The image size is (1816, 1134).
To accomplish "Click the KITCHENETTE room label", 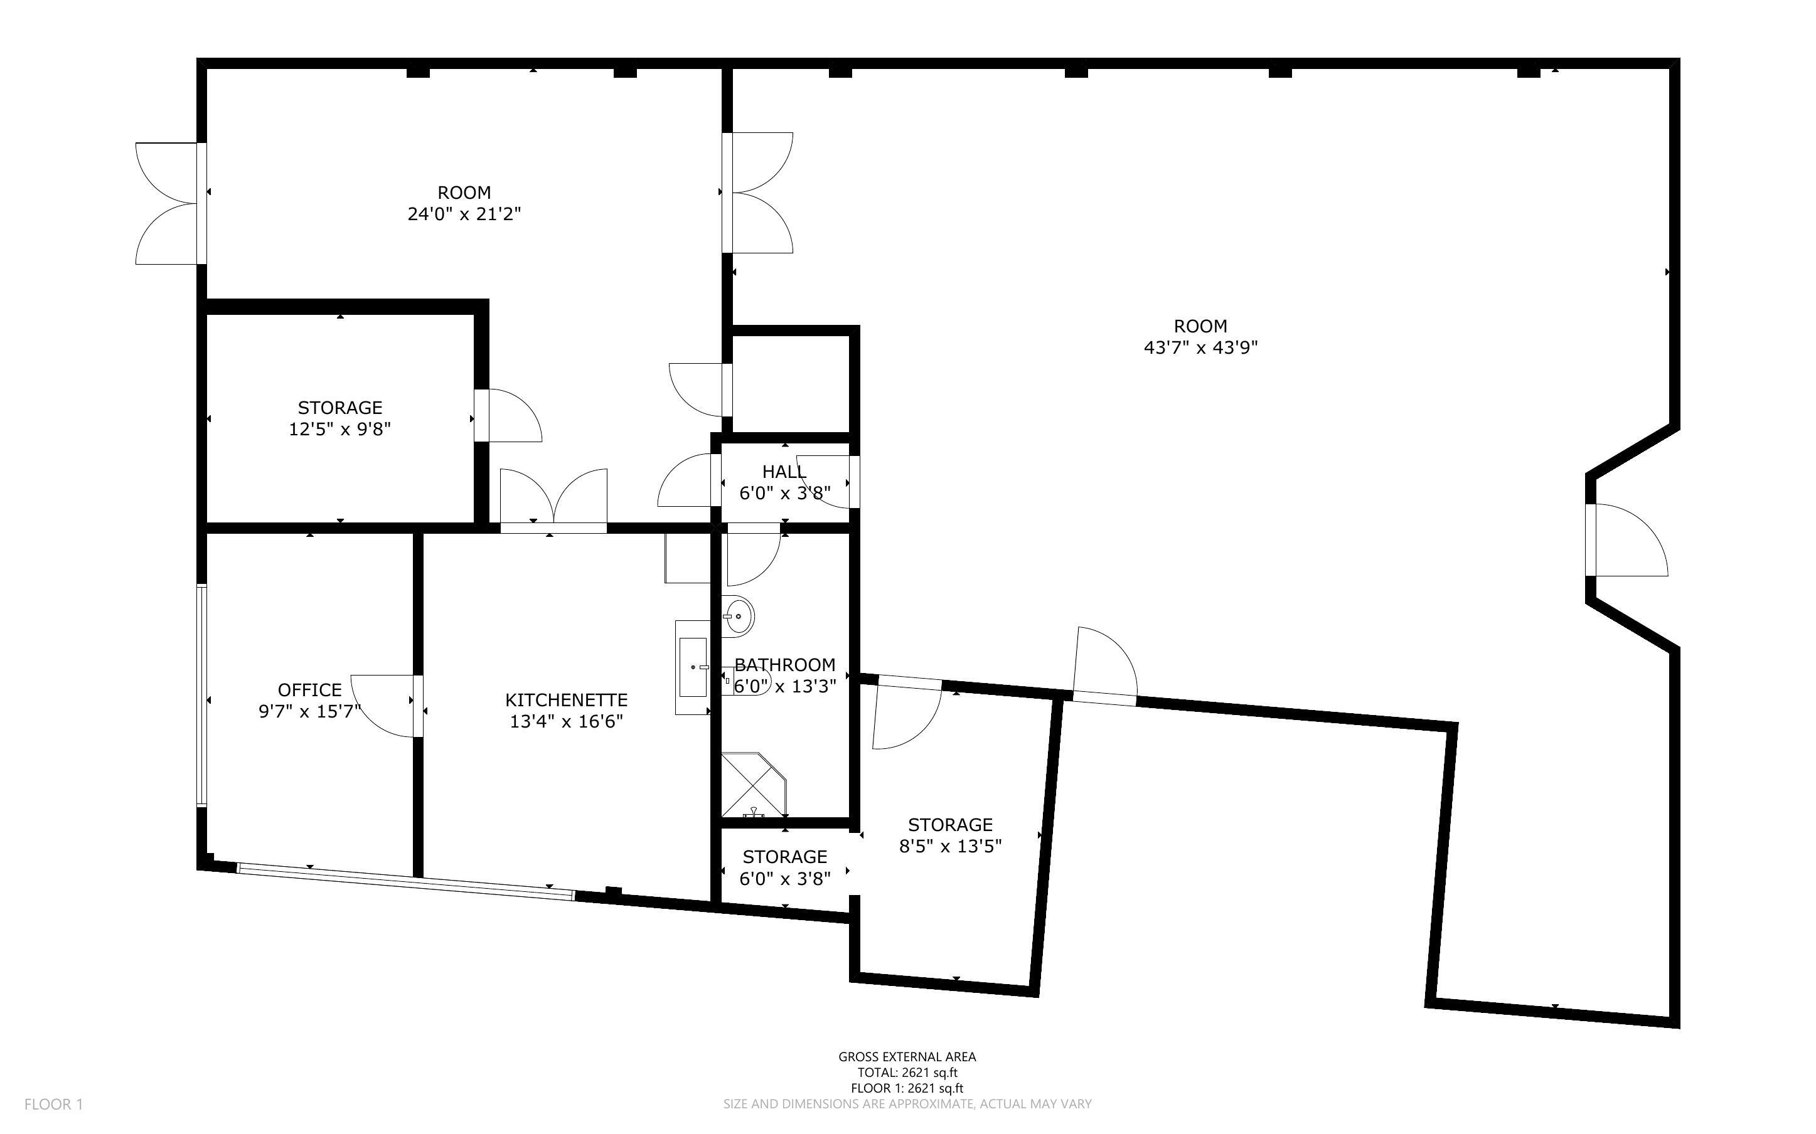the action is click(x=567, y=700).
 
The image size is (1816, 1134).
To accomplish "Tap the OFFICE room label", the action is click(x=310, y=690).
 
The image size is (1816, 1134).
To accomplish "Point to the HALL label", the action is click(x=784, y=472).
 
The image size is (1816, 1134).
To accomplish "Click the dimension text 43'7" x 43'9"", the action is click(x=1200, y=348).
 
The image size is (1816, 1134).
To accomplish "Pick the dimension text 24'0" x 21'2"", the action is click(x=464, y=215).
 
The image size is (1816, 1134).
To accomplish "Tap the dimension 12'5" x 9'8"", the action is click(x=340, y=430).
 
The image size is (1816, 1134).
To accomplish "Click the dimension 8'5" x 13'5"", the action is click(x=951, y=847).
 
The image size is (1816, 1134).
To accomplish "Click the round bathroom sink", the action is click(x=738, y=617).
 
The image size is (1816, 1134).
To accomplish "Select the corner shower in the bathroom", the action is click(x=753, y=785).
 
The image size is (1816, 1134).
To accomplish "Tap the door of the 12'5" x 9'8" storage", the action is click(x=508, y=415).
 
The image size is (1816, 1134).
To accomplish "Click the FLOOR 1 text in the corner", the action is click(x=54, y=1104).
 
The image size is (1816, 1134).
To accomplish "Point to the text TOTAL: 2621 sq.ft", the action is click(x=907, y=1073).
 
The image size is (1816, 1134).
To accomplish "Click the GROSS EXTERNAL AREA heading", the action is click(x=907, y=1057).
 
